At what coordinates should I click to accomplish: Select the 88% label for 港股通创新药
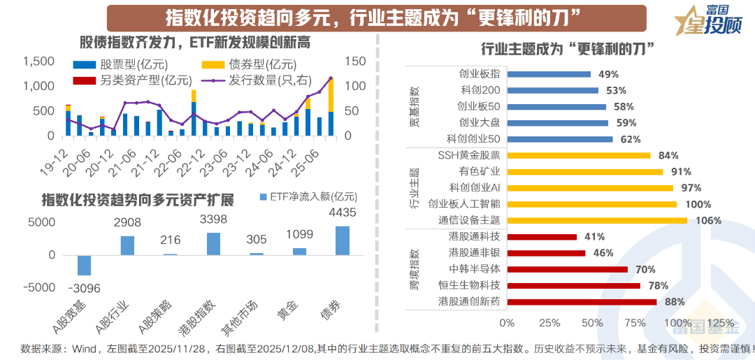pos(674,302)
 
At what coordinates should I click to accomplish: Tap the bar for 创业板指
pos(549,74)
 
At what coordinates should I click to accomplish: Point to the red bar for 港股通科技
pos(542,237)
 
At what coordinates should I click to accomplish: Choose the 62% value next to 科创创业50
pos(630,139)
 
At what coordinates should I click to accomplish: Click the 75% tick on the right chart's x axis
pos(635,323)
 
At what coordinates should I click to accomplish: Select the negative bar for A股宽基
pos(84,266)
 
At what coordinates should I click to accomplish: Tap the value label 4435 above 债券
pos(343,213)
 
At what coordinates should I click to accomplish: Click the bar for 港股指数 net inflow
pos(213,244)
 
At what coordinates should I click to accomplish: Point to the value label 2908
pos(127,223)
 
